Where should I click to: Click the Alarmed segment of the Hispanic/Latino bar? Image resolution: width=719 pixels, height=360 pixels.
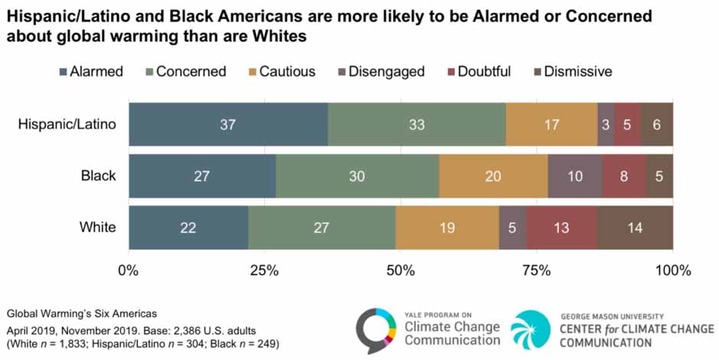(x=228, y=123)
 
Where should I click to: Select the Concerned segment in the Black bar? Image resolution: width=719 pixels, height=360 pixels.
(x=357, y=175)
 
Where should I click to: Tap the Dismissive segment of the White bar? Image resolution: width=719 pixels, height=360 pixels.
(x=635, y=227)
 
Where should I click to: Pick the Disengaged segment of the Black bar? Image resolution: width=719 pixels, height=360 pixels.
(x=574, y=175)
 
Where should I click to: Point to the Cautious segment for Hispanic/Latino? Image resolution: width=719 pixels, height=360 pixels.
(x=551, y=123)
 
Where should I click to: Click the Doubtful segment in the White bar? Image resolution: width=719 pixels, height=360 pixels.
(x=561, y=227)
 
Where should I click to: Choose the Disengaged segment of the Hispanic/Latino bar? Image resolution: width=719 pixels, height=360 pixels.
(x=605, y=123)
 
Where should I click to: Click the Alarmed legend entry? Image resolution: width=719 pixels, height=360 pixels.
(x=90, y=72)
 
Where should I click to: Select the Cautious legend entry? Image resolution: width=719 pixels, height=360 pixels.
(x=280, y=72)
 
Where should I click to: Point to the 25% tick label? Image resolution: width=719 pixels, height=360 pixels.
(x=264, y=270)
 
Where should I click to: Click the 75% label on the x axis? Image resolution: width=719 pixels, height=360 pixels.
(x=536, y=270)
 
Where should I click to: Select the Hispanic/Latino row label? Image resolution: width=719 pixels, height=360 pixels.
(x=67, y=123)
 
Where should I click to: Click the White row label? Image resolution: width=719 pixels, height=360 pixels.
(x=98, y=227)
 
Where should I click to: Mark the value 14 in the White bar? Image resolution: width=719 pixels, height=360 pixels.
(x=635, y=227)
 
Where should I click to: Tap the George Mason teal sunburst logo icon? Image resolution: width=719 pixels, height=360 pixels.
(x=530, y=329)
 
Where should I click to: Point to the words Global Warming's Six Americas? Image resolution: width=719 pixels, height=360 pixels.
(x=60, y=314)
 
